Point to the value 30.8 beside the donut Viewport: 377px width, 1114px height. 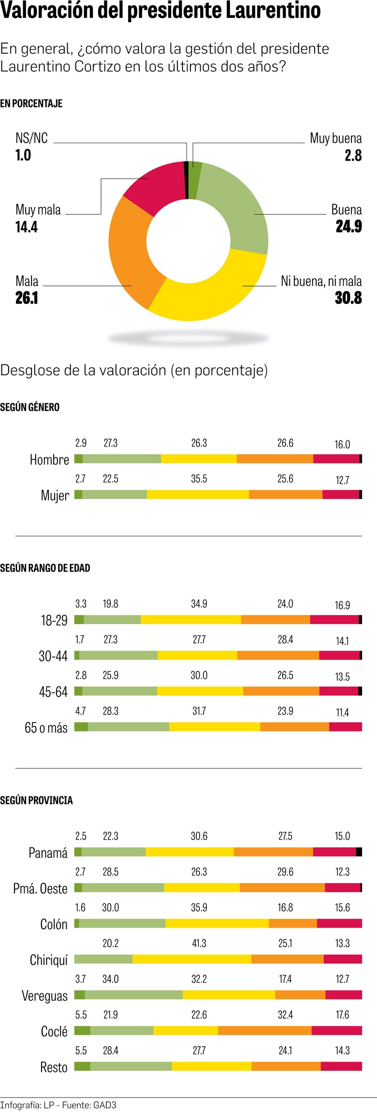pyautogui.click(x=348, y=298)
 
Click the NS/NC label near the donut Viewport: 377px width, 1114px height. pyautogui.click(x=31, y=138)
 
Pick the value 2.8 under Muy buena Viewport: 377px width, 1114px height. pyautogui.click(x=353, y=155)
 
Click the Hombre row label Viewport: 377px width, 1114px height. pyautogui.click(x=49, y=460)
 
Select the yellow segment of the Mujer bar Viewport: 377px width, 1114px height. pyautogui.click(x=198, y=494)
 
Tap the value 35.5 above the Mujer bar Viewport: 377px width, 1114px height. pyautogui.click(x=199, y=479)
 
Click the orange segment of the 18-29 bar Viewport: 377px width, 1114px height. pyautogui.click(x=275, y=619)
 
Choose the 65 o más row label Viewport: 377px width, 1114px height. pyautogui.click(x=46, y=728)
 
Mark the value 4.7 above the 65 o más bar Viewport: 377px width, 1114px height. pyautogui.click(x=80, y=711)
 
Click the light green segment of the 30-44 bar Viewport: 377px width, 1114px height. pyautogui.click(x=118, y=655)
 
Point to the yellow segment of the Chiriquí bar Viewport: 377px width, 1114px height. pyautogui.click(x=192, y=959)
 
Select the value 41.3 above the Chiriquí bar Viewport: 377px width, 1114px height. pyautogui.click(x=199, y=943)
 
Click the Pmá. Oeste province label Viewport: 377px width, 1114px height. pyautogui.click(x=40, y=888)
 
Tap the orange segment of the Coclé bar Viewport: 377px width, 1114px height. pyautogui.click(x=264, y=1030)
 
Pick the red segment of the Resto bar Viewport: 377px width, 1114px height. pyautogui.click(x=341, y=1066)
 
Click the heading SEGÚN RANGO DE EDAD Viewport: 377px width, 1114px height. pyautogui.click(x=45, y=568)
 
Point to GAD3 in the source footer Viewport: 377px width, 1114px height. pyautogui.click(x=104, y=1105)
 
